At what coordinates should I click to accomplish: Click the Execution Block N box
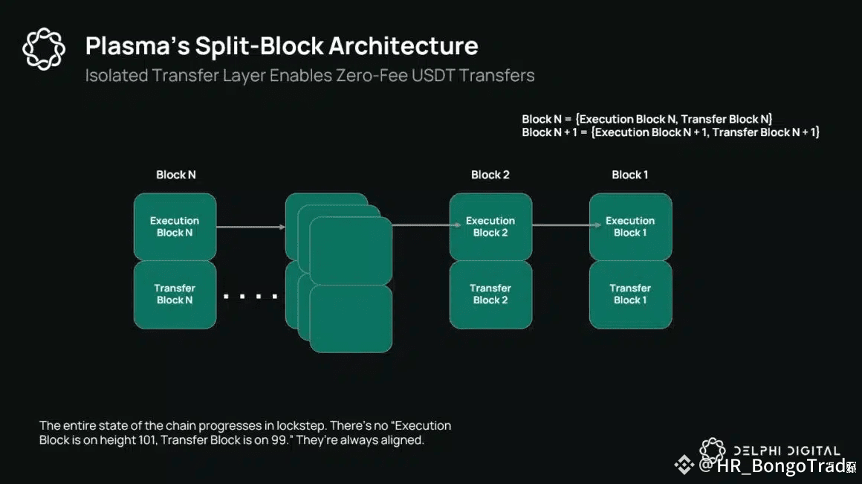coord(175,226)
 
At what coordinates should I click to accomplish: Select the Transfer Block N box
coord(175,294)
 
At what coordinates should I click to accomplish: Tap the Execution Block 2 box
coord(490,226)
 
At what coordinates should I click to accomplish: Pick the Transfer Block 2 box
coord(490,294)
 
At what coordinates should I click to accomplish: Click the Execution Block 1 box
coord(630,226)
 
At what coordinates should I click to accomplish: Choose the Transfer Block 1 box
coord(630,294)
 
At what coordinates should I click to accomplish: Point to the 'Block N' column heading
coord(176,175)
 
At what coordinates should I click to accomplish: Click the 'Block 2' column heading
coord(490,175)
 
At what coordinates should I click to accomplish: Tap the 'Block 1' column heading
coord(630,175)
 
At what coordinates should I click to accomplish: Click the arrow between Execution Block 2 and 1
coord(561,225)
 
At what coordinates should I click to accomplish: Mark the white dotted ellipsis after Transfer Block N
coord(250,297)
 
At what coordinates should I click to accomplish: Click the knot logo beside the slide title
coord(44,50)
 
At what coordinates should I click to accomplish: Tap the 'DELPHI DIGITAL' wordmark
coord(787,451)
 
